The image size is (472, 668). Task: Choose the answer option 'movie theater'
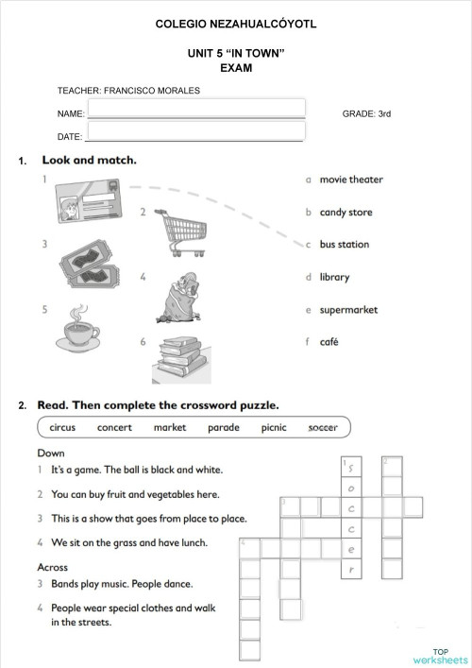tap(350, 180)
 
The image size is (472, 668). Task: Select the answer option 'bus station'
tap(344, 245)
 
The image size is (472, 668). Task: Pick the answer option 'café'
tap(329, 342)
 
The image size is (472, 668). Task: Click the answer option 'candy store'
tap(346, 213)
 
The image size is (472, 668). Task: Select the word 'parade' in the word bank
tap(223, 428)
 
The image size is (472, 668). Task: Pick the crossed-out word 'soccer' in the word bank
tap(322, 428)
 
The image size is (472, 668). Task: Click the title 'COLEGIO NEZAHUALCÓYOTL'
tap(235, 22)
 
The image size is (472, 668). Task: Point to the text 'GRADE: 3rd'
tap(366, 113)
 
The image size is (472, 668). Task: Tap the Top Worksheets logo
tap(439, 656)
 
